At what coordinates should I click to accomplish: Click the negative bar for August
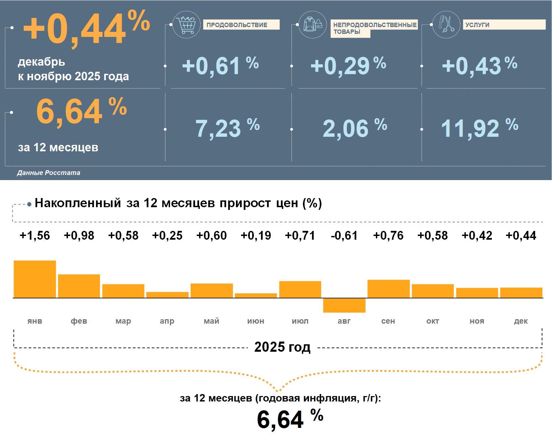tap(344, 305)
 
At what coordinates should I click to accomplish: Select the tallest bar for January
tap(35, 279)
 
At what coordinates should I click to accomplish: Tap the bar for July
tap(300, 289)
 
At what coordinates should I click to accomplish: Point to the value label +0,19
tap(256, 235)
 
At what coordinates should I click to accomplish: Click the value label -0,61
tap(344, 235)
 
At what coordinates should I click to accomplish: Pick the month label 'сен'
tap(388, 321)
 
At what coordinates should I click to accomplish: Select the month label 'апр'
tap(167, 321)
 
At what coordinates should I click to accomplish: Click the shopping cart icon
tap(186, 24)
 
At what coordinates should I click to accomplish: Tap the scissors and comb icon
tap(446, 24)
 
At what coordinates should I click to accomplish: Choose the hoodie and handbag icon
tap(313, 24)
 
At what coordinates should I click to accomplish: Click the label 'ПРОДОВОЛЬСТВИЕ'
tap(237, 25)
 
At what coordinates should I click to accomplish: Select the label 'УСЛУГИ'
tap(477, 25)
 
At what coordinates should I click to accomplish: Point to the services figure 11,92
tap(470, 129)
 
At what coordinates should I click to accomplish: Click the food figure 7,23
tap(218, 129)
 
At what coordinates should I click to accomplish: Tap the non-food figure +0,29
tap(340, 66)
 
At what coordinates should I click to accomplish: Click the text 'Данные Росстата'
tap(49, 173)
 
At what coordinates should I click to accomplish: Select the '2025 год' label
tap(282, 347)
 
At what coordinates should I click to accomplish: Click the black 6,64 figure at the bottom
tap(280, 420)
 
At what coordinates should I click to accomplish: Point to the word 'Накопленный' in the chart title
tap(78, 203)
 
